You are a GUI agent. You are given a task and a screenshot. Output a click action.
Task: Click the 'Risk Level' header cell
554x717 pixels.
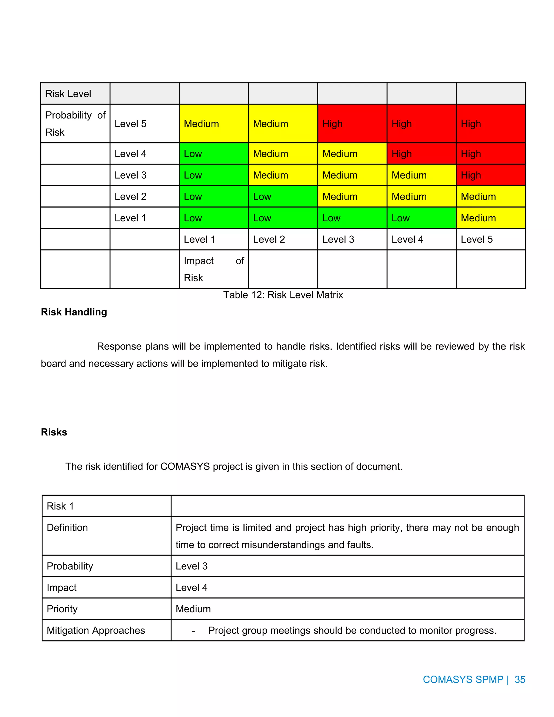68,94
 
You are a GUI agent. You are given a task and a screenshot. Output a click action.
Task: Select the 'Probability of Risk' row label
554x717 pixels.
75,123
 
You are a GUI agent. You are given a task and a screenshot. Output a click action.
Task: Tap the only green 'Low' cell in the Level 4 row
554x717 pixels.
213,154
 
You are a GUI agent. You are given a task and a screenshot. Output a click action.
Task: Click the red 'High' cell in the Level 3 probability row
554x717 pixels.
490,175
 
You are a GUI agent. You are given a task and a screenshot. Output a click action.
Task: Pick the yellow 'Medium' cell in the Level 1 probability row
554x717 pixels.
490,218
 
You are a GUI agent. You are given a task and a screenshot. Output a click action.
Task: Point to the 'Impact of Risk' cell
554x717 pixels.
213,269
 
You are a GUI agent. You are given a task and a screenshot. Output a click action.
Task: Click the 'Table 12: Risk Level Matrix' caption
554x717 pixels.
283,295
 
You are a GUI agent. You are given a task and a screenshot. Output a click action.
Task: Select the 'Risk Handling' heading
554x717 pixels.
74,312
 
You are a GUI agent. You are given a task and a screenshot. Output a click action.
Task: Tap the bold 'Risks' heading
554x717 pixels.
54,432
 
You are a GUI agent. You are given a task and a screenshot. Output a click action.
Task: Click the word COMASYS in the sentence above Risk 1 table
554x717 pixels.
185,466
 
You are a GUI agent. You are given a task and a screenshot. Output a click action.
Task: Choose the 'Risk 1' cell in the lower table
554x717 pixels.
60,506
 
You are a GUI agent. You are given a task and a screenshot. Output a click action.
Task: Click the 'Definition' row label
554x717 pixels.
67,528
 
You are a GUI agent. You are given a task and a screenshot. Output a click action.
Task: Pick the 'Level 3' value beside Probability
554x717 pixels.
192,566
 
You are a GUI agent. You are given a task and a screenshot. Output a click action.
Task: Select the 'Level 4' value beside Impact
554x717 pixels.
192,587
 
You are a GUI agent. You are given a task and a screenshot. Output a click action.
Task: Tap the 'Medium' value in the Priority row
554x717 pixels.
193,609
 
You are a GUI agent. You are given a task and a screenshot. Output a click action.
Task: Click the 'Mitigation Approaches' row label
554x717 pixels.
96,630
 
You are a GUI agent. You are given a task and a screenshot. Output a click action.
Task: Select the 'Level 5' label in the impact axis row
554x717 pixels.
477,239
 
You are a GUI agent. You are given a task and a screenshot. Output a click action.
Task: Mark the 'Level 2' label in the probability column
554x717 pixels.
130,197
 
